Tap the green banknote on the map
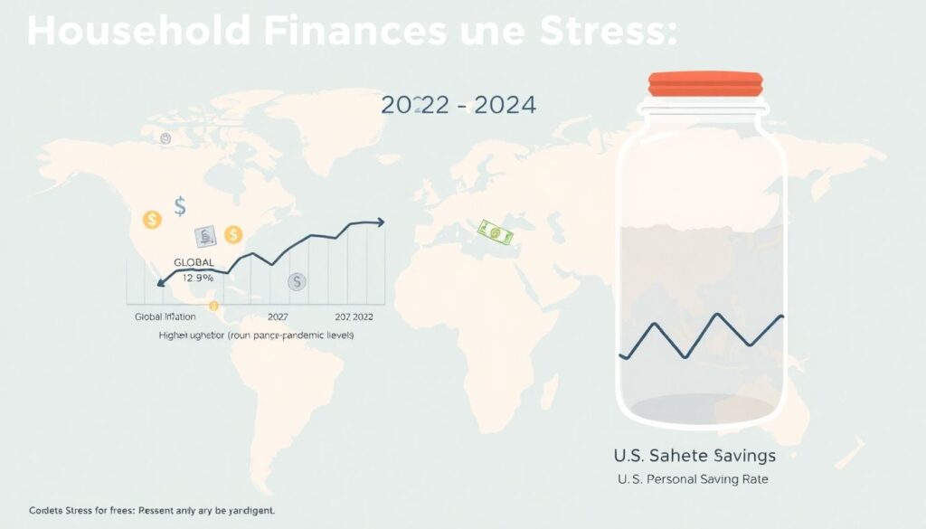click(x=496, y=231)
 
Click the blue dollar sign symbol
click(x=179, y=207)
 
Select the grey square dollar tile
click(x=204, y=237)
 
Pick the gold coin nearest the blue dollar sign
click(x=152, y=219)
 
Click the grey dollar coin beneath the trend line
click(x=296, y=281)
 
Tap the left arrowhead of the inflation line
click(x=160, y=284)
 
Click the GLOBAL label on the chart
click(x=193, y=262)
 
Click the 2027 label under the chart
click(x=278, y=318)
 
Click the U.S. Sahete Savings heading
click(x=694, y=454)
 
